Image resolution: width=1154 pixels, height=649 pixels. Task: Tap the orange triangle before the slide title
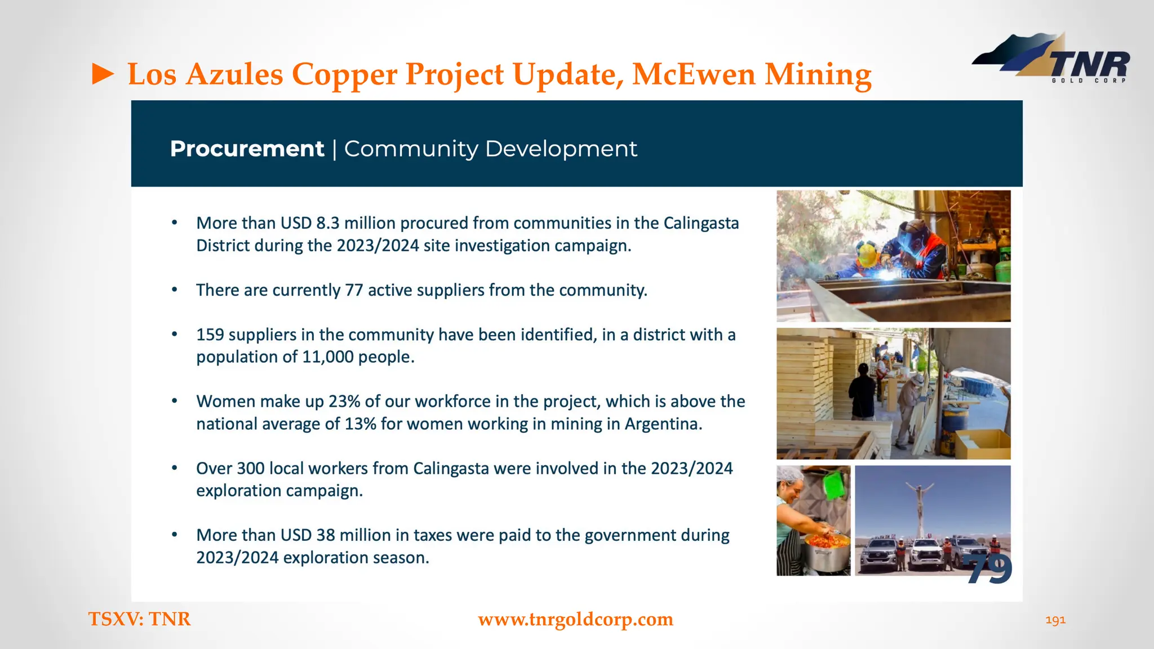click(x=103, y=74)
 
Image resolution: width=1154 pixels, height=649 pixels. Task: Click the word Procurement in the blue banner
click(x=247, y=149)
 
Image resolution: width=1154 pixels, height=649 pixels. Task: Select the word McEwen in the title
click(x=693, y=74)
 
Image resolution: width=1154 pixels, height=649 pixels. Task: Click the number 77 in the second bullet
click(x=354, y=290)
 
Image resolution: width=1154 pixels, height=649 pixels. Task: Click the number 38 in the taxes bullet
click(x=326, y=535)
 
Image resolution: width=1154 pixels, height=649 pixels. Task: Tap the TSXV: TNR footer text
click(x=140, y=619)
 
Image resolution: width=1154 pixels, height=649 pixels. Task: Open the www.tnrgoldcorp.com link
click(x=575, y=619)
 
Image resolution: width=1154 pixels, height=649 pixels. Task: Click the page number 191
click(x=1055, y=620)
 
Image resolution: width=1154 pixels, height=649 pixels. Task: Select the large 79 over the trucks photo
click(x=990, y=569)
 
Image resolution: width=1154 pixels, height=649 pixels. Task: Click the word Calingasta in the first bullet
click(x=701, y=223)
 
